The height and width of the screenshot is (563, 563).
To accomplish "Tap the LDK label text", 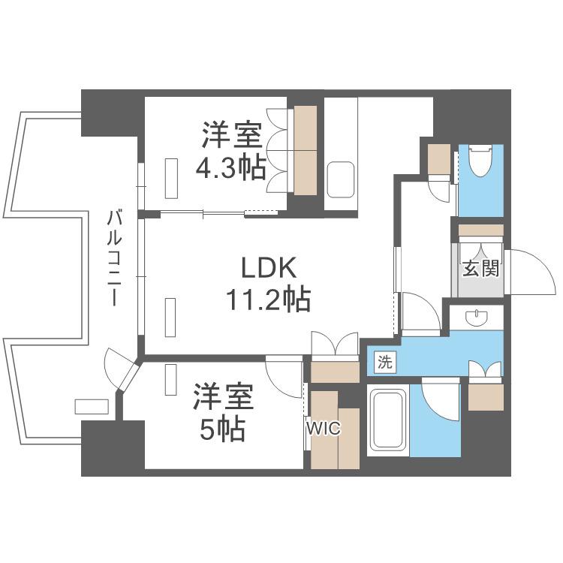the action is pos(269,268).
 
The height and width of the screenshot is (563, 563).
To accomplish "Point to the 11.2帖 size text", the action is pos(268,300).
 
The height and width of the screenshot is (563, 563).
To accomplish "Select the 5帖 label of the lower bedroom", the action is pos(223,429).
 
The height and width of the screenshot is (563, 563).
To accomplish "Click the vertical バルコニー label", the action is pos(114,258).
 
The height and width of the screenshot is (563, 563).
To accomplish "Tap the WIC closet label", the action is pos(323,428).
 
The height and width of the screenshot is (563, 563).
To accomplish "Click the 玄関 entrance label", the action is pos(480,268).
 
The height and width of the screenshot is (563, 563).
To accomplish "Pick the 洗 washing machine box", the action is pos(385,362).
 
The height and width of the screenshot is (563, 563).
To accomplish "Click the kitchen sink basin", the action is pos(341,179).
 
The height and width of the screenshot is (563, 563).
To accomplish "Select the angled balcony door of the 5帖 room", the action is pos(128,377).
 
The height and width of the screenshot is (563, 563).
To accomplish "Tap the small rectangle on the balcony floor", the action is pos(92,406).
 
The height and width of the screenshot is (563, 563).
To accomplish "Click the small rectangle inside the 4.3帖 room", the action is pos(171,178).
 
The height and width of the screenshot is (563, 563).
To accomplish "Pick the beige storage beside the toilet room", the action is pos(439,159).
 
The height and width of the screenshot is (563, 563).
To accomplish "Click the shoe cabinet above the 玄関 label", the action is pos(481,230).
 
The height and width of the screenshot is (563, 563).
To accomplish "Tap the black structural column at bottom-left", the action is pos(113,448).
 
